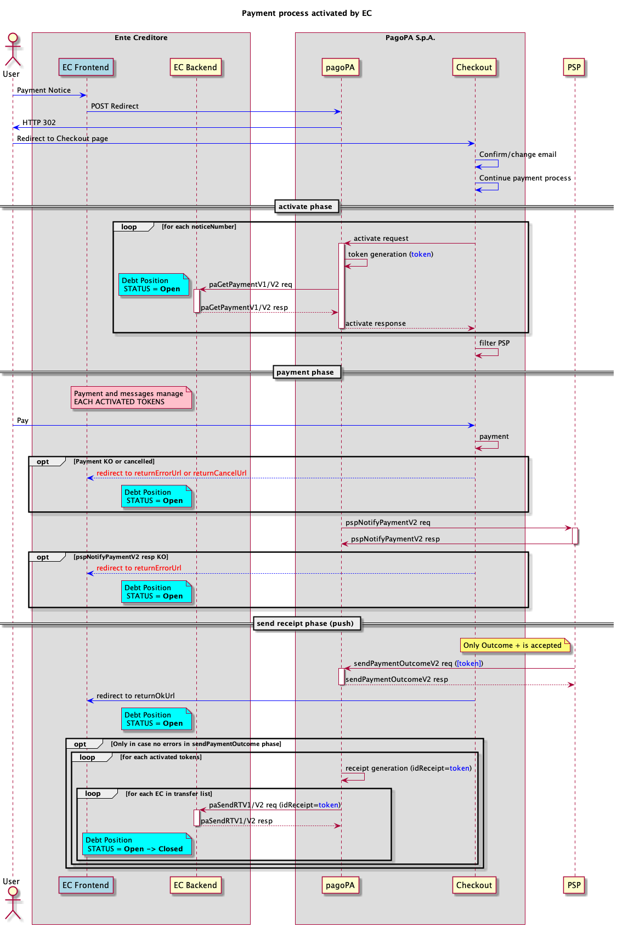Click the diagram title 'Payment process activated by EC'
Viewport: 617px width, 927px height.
click(x=307, y=13)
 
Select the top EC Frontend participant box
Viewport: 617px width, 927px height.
click(x=86, y=67)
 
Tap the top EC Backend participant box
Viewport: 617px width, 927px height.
click(x=196, y=67)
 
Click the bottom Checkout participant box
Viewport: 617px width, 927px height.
click(x=474, y=885)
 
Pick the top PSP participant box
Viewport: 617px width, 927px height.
click(x=574, y=67)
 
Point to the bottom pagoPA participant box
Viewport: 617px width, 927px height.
click(x=340, y=885)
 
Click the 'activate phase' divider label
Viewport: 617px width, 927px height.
click(x=305, y=207)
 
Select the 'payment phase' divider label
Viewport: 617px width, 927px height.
click(x=305, y=372)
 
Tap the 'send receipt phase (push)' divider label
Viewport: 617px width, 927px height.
click(x=305, y=624)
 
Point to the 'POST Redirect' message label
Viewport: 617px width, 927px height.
click(x=115, y=106)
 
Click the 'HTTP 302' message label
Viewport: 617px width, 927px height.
click(x=39, y=123)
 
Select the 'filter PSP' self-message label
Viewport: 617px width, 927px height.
click(x=494, y=343)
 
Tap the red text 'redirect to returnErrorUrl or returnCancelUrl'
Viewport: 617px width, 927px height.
click(x=172, y=473)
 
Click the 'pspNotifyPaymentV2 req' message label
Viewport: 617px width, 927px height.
click(x=388, y=523)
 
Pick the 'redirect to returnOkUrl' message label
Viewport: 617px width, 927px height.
click(x=135, y=696)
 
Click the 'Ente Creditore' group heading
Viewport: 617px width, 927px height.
click(x=141, y=38)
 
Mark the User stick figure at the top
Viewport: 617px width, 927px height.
click(x=12, y=50)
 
